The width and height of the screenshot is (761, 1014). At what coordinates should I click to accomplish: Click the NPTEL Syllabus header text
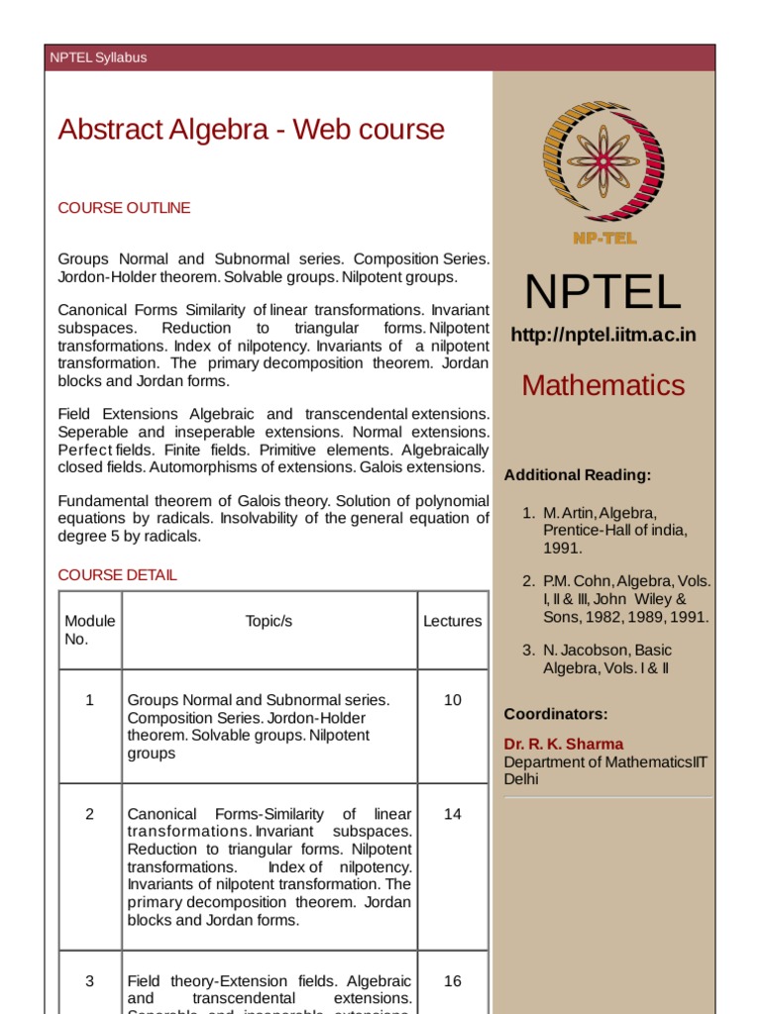pyautogui.click(x=98, y=57)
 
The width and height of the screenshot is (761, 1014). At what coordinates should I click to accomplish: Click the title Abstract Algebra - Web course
pyautogui.click(x=251, y=130)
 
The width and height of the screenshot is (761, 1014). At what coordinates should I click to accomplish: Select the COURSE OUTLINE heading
pyautogui.click(x=124, y=208)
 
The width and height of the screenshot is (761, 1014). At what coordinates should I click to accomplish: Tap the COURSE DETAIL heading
pyautogui.click(x=118, y=574)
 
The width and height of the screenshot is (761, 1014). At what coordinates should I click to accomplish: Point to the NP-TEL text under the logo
pyautogui.click(x=603, y=238)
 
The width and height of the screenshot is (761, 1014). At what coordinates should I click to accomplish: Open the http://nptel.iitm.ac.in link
pyautogui.click(x=602, y=335)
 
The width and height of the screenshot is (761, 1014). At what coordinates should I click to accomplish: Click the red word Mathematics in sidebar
pyautogui.click(x=602, y=385)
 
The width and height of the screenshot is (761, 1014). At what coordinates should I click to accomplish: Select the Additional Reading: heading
pyautogui.click(x=577, y=475)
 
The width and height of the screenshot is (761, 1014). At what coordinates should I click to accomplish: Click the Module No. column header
pyautogui.click(x=89, y=630)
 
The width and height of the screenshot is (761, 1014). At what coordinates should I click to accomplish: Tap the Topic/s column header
pyautogui.click(x=269, y=621)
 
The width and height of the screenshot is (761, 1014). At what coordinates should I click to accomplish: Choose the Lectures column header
pyautogui.click(x=452, y=621)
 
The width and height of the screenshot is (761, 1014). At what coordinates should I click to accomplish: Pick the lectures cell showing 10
pyautogui.click(x=452, y=700)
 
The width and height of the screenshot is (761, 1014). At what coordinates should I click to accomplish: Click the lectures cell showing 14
pyautogui.click(x=452, y=814)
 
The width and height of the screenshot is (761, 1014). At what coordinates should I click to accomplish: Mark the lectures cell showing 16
pyautogui.click(x=452, y=981)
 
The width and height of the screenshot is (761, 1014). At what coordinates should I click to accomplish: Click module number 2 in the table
pyautogui.click(x=89, y=814)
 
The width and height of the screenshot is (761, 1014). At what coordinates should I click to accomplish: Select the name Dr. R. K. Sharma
pyautogui.click(x=564, y=744)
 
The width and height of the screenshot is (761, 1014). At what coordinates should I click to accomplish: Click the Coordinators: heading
pyautogui.click(x=555, y=714)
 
